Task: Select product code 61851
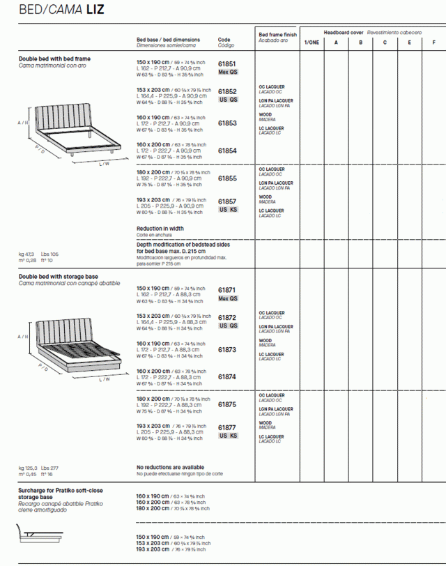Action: tap(227, 63)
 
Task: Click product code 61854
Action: tap(227, 151)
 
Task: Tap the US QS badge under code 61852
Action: tap(229, 100)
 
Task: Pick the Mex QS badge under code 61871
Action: tap(228, 298)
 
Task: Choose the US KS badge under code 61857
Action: tap(229, 209)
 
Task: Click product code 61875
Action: tap(227, 404)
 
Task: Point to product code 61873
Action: tap(227, 350)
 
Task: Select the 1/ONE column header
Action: tap(312, 43)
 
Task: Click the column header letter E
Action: tap(409, 43)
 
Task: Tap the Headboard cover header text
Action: tap(343, 33)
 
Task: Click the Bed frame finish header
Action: tap(277, 34)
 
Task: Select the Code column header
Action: tap(224, 40)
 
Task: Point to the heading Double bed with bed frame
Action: tap(54, 59)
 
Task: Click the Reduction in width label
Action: tap(160, 228)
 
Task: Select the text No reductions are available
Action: tap(170, 467)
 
